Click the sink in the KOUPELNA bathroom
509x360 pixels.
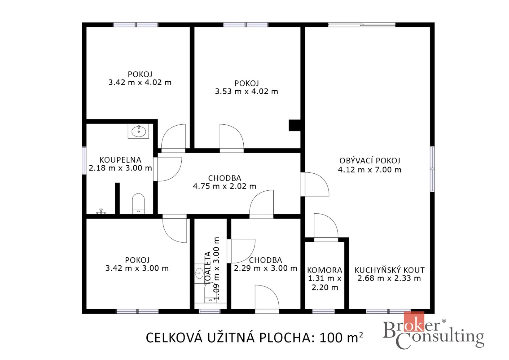[138, 131]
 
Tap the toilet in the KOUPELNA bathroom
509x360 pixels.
[138, 203]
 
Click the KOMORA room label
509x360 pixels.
[324, 270]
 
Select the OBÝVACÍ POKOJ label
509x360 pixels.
[370, 161]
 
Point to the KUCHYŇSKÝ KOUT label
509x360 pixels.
[389, 270]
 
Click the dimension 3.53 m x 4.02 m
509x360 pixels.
[247, 91]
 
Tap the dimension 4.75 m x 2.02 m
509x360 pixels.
[225, 186]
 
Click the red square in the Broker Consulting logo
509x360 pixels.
[414, 322]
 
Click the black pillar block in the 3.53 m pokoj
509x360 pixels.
[295, 125]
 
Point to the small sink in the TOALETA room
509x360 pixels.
[199, 274]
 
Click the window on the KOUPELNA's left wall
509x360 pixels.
[84, 160]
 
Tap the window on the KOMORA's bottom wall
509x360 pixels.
[323, 311]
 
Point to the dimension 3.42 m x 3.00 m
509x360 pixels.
[137, 268]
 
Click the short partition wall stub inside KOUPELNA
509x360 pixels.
[117, 198]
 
